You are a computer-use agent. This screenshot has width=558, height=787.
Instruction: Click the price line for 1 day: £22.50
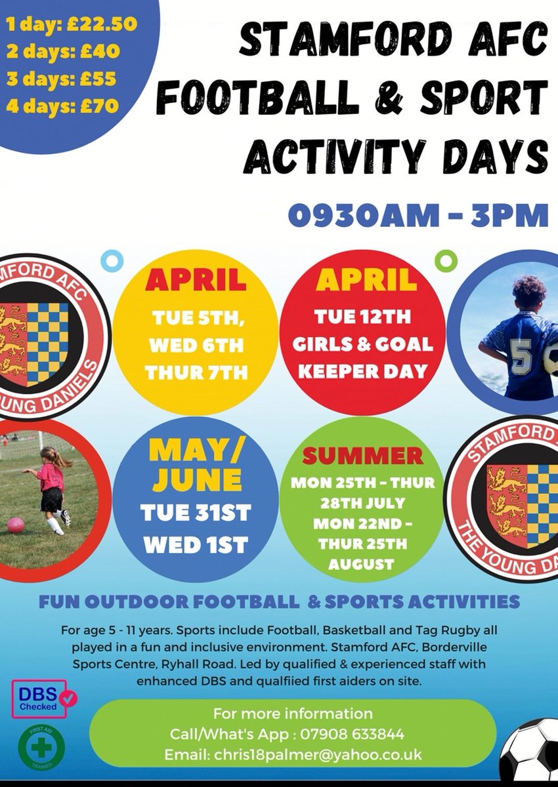pos(71,25)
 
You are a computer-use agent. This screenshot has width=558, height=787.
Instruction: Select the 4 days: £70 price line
pos(62,104)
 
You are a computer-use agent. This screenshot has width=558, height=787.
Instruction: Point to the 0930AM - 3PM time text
pos(418,216)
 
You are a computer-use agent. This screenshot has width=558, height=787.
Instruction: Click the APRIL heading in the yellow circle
pos(196,280)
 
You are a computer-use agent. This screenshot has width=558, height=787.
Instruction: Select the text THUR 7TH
pos(196,373)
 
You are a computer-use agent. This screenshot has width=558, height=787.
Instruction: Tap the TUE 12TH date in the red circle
pos(362,317)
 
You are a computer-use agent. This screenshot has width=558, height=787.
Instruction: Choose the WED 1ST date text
pos(196,545)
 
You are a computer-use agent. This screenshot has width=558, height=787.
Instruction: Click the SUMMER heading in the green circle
pos(362,456)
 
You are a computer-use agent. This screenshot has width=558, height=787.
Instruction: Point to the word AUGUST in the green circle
pos(362,564)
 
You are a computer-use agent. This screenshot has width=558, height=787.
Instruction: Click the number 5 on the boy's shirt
pos(521,358)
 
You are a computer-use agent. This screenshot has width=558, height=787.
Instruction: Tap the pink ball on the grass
pos(16,525)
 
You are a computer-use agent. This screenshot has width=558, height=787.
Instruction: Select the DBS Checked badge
pos(45,698)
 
